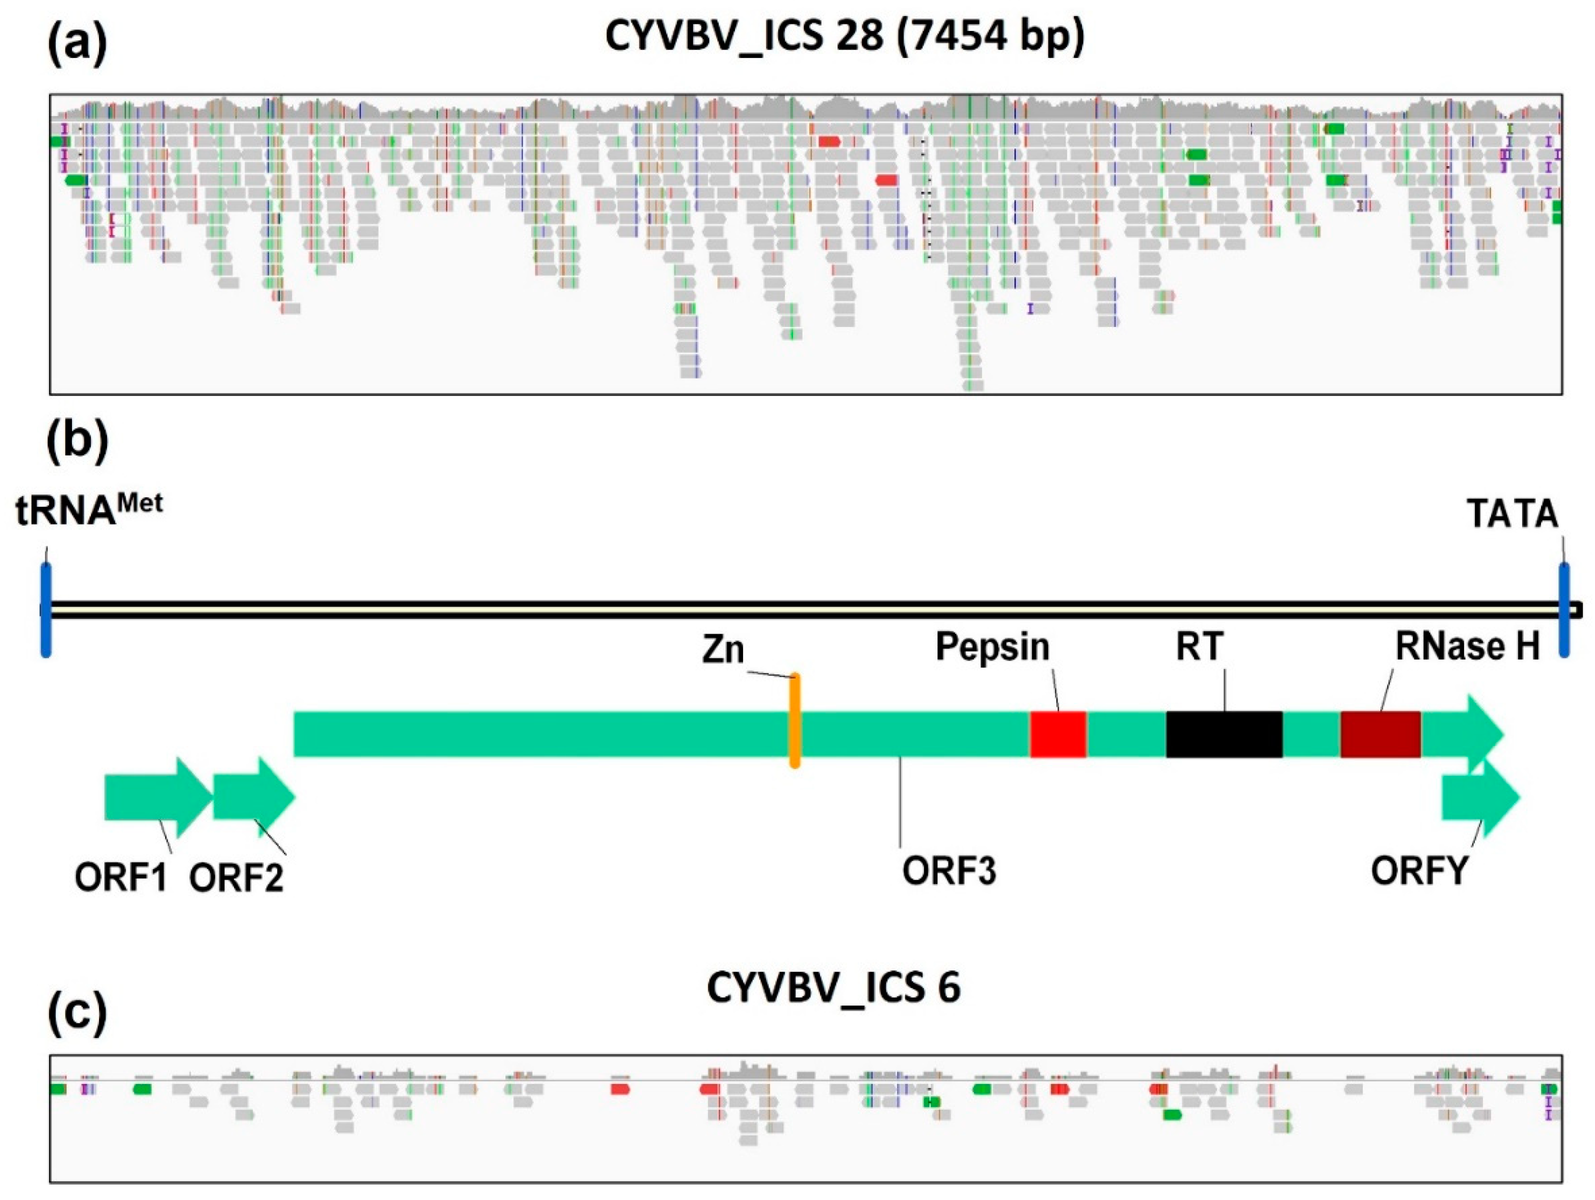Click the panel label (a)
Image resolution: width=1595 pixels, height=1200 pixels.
click(76, 44)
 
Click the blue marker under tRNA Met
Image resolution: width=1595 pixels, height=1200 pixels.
click(46, 609)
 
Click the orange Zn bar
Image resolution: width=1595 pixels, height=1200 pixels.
click(794, 721)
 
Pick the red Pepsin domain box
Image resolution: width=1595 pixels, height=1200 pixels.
click(1058, 734)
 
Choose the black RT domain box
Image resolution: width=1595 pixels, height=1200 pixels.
click(1223, 734)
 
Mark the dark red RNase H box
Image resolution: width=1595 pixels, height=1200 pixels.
click(1380, 734)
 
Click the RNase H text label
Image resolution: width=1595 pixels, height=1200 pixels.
click(1466, 647)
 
